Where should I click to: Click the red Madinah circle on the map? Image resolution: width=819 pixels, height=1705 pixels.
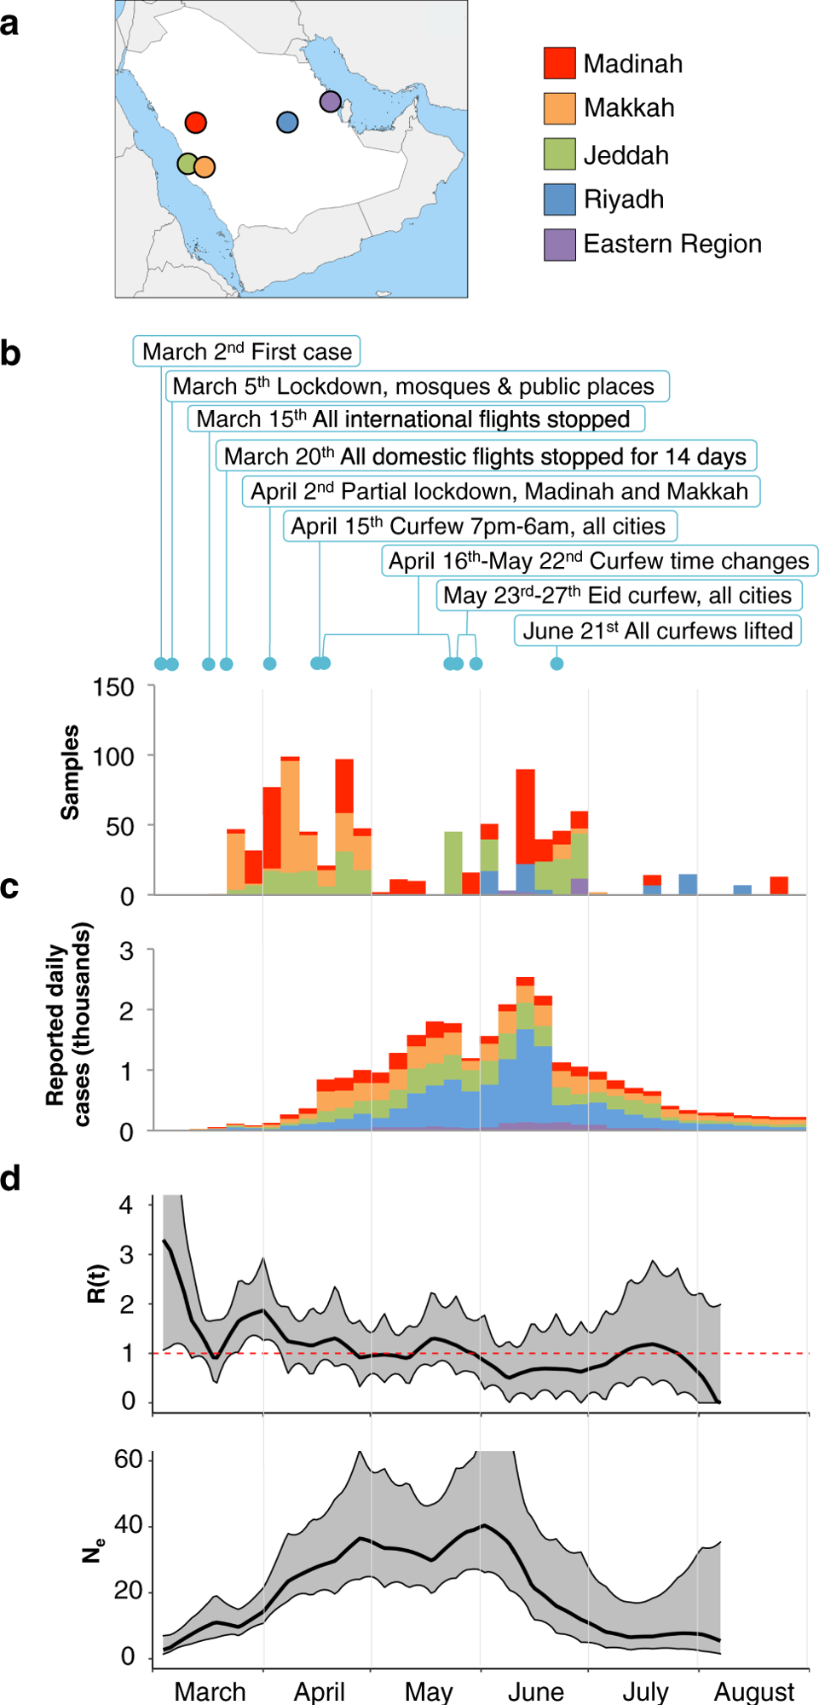(x=195, y=123)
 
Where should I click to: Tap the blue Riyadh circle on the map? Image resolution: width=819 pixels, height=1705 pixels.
(x=287, y=123)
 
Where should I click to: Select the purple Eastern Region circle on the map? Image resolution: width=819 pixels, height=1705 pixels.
(x=331, y=101)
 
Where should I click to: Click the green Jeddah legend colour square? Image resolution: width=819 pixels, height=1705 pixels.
(x=559, y=154)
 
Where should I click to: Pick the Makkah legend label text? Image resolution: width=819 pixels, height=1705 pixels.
(x=629, y=108)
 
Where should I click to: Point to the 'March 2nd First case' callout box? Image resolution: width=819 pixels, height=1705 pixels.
(x=246, y=351)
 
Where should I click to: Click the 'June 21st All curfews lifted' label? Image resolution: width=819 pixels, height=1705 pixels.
(x=657, y=631)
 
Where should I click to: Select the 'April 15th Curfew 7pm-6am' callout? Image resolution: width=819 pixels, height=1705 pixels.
(x=479, y=526)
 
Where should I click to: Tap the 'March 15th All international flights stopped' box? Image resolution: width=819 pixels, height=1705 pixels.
(x=415, y=419)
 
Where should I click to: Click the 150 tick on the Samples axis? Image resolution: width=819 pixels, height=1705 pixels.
(x=113, y=687)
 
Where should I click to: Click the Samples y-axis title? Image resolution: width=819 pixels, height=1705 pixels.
(x=70, y=772)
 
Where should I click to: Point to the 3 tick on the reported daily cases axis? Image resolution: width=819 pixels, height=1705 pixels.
(x=126, y=951)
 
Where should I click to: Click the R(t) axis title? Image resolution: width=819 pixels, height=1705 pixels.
(x=97, y=1283)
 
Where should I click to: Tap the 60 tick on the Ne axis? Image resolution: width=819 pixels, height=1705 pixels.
(x=128, y=1459)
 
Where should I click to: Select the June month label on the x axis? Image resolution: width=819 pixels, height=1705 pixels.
(x=535, y=1691)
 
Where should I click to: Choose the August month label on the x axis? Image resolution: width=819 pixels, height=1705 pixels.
(x=753, y=1691)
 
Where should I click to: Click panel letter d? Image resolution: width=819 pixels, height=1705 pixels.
(x=10, y=1179)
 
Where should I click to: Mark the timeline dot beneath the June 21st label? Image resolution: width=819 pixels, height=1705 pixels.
(x=557, y=664)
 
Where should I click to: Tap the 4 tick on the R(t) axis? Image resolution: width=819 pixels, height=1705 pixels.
(x=126, y=1205)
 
